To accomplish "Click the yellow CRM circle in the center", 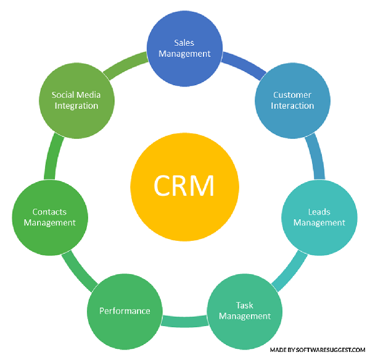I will click(x=184, y=185).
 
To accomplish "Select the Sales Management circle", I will click(x=184, y=48).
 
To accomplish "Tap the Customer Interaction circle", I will click(x=293, y=100).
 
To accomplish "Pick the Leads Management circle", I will click(x=319, y=217).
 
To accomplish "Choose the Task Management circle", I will click(x=244, y=311).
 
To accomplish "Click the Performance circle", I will click(x=125, y=311).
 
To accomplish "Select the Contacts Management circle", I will click(x=50, y=217).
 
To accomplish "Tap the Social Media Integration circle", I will click(x=76, y=100).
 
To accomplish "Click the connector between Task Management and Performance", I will click(x=184, y=320).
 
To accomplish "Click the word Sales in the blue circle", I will click(x=184, y=42).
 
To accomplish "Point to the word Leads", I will click(x=319, y=212).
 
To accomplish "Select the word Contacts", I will click(x=50, y=212).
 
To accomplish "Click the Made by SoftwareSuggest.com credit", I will click(x=317, y=350).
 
